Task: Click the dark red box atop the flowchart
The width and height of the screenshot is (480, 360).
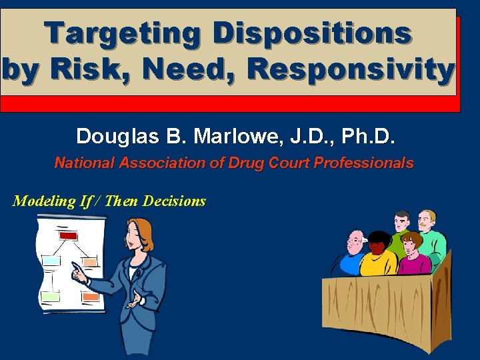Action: coord(68,235)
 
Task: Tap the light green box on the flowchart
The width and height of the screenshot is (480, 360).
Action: coord(51,296)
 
